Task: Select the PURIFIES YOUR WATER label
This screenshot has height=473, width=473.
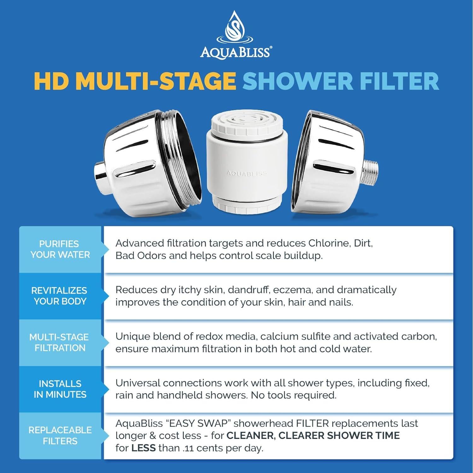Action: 60,249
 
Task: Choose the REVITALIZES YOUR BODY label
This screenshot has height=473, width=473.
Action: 60,296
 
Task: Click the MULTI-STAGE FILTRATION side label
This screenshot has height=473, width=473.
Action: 60,342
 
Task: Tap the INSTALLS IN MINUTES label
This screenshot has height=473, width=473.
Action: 60,389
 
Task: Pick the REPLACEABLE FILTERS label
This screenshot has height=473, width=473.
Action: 60,435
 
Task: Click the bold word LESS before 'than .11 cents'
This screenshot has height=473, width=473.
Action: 143,448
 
